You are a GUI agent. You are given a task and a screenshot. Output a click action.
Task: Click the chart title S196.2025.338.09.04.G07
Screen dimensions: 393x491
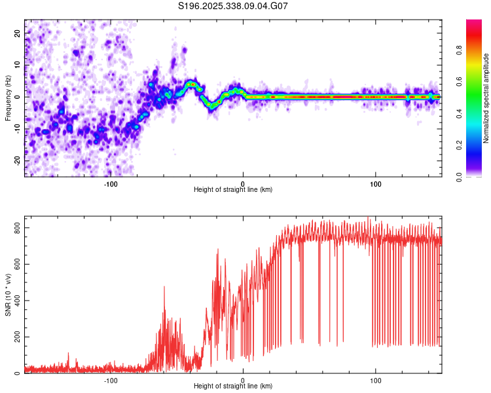[x=234, y=7]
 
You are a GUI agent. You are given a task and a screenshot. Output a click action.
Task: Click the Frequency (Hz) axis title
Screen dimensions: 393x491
[x=9, y=98]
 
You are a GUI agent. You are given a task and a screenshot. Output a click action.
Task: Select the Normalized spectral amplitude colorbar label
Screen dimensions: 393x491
[x=486, y=98]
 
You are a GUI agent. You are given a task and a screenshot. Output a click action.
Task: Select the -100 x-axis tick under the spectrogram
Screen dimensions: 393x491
[x=110, y=183]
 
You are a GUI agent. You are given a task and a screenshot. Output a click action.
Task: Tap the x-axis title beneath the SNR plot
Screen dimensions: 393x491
[x=233, y=386]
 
